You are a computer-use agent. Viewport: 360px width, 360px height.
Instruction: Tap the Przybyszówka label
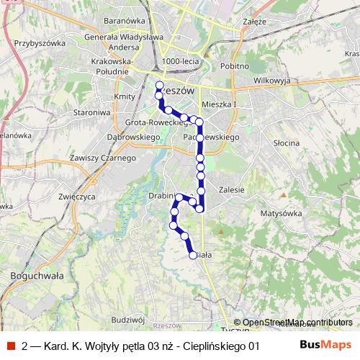point(40,42)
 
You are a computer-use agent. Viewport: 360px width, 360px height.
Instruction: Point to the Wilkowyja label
point(271,81)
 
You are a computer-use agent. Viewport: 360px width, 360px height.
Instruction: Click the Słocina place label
point(287,143)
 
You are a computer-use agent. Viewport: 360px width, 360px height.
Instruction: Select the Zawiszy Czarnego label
point(103,158)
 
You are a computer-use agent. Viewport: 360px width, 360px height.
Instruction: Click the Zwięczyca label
point(77,195)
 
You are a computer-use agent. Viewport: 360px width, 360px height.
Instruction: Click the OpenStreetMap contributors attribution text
point(298,323)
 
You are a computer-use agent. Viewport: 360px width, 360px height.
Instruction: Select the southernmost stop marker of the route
point(193,254)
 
